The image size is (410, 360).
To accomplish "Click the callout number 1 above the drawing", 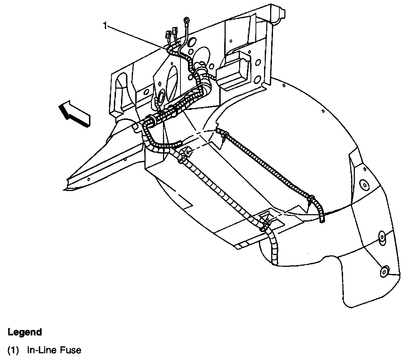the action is pyautogui.click(x=105, y=25).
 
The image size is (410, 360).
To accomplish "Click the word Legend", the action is pyautogui.click(x=25, y=332).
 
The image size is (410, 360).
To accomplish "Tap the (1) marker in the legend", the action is pyautogui.click(x=13, y=350).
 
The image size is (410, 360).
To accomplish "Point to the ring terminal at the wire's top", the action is pyautogui.click(x=186, y=21).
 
